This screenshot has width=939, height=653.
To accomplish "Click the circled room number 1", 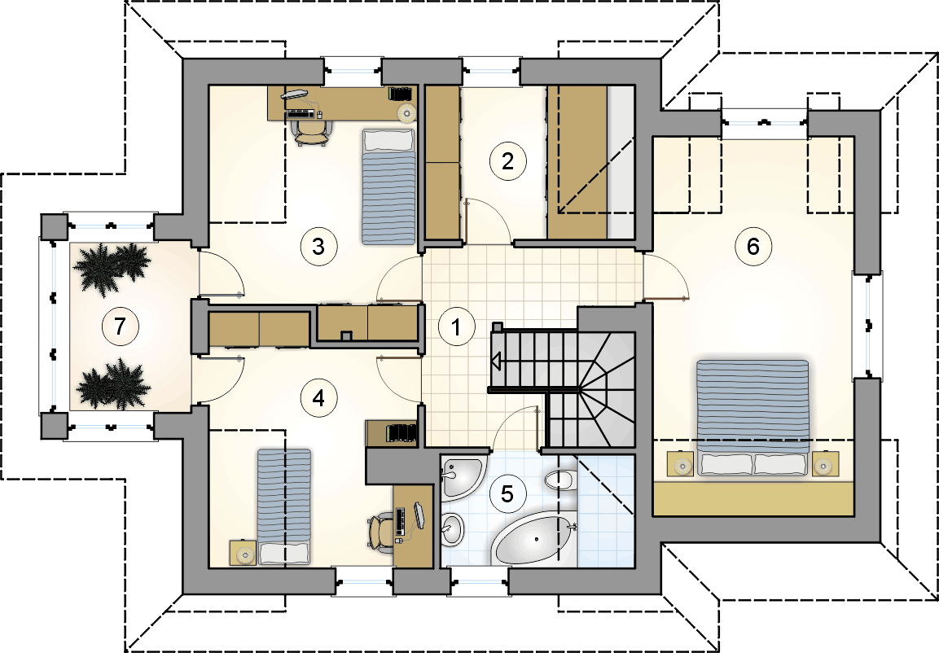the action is coord(456,327).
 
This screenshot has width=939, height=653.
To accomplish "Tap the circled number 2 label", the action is coord(507,161).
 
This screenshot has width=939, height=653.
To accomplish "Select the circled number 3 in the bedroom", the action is coord(318,246).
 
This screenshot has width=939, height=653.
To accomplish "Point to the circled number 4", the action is coord(318,398).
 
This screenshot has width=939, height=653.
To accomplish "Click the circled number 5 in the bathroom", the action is coord(507,494).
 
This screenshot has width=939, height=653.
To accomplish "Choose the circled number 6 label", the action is coord(753,246).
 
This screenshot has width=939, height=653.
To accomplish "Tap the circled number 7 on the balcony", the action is coord(120,326).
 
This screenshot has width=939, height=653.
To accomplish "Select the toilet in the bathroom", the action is coord(560,480).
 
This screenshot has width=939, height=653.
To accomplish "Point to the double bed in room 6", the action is coord(753,418).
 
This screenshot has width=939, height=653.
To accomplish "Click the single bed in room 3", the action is coord(388,186).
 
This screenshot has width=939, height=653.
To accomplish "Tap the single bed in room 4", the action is coord(284,506).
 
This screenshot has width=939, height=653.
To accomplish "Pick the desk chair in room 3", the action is coord(311,130).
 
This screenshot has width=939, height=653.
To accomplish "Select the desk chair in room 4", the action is coord(379,530).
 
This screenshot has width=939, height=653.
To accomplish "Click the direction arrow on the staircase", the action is coord(497,361).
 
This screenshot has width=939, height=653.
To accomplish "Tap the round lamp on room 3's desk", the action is coord(406,112).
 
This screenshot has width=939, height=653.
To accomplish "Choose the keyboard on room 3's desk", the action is coord(300,112).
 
